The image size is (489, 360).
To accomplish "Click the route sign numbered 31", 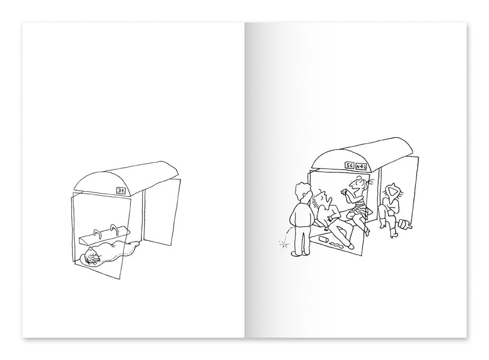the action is [x=121, y=191].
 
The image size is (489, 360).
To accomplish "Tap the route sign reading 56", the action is [x=349, y=165].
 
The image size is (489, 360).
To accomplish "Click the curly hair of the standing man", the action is [x=303, y=192].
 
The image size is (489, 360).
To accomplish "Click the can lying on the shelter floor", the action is [x=323, y=239].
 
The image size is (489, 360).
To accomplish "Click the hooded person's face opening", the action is [x=392, y=191].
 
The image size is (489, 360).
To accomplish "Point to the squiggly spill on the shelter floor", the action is [x=338, y=245].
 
